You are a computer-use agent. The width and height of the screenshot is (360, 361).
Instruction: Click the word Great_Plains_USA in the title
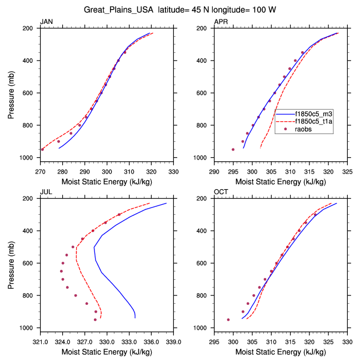click(118, 10)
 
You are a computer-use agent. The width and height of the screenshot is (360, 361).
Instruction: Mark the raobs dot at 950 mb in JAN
click(42, 149)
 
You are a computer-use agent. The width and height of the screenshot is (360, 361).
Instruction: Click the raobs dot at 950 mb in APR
click(233, 149)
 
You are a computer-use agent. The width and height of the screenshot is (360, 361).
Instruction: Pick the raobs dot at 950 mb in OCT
click(228, 319)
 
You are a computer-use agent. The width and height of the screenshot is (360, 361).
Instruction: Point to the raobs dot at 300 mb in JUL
click(119, 215)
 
